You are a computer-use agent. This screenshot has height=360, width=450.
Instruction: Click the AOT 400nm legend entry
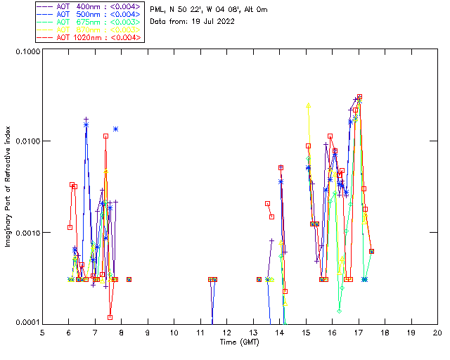90,6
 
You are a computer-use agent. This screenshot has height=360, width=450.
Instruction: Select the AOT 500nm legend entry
90,14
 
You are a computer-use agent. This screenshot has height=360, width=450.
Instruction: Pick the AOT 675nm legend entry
90,22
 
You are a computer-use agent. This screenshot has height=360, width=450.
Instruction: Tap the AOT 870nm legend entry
90,30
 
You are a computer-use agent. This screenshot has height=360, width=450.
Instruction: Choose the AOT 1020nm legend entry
90,37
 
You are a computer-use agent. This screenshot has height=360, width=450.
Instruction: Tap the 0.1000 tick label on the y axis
27,52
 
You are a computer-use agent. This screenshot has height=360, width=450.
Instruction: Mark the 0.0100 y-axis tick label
27,141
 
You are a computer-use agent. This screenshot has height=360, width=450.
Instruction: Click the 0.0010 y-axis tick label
27,232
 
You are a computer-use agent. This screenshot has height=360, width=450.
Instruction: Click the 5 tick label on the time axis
43,332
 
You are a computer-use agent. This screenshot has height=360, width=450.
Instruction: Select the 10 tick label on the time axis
174,332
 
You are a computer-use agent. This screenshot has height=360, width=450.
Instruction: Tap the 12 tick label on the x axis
227,332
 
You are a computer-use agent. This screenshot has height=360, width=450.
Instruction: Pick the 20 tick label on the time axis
437,332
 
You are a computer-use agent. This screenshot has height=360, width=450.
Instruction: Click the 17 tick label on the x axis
359,332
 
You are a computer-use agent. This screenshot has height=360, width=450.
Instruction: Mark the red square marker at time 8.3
129,279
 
